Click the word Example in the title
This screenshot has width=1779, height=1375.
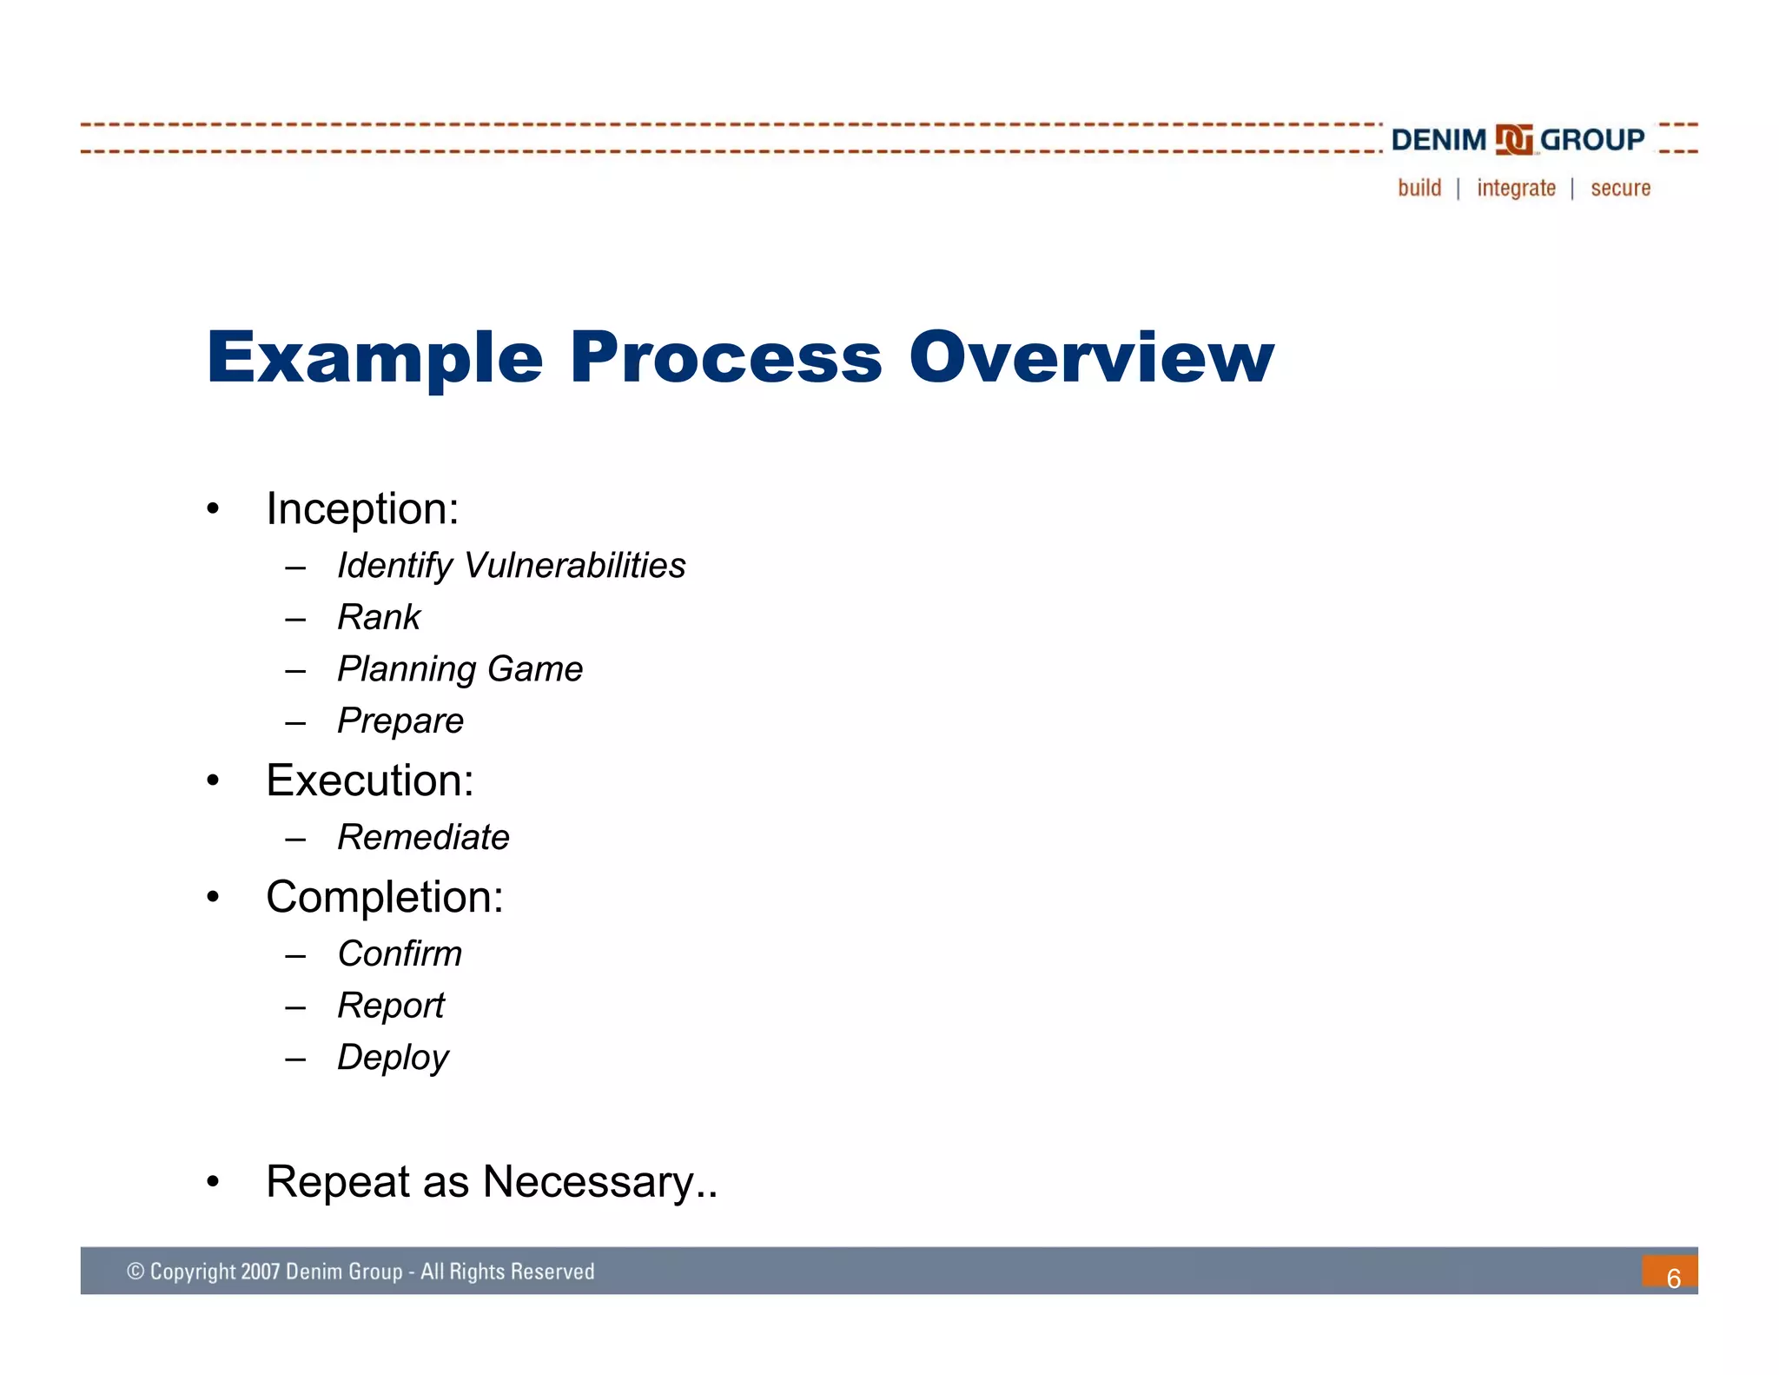374,358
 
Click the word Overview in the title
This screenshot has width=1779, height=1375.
1091,358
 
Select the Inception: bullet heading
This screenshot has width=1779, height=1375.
362,508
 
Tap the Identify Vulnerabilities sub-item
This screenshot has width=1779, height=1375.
511,566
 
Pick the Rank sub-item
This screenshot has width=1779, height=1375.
379,618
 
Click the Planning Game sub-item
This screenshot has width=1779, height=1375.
460,669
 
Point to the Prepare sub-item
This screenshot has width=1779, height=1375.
400,721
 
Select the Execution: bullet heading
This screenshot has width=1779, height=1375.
370,780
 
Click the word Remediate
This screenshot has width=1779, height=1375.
423,838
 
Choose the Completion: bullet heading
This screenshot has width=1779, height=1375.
385,897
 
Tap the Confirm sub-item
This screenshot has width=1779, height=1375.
400,954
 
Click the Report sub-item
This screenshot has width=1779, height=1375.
391,1006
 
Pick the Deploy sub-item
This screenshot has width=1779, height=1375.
393,1058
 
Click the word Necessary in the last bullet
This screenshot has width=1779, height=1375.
589,1182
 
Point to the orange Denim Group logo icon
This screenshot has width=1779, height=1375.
1513,140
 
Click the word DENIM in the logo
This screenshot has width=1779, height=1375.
1438,140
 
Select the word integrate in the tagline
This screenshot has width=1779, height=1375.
1516,189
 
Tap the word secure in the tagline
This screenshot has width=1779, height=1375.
1620,189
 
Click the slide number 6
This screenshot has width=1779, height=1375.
1673,1278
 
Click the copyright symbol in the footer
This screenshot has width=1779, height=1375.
136,1272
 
